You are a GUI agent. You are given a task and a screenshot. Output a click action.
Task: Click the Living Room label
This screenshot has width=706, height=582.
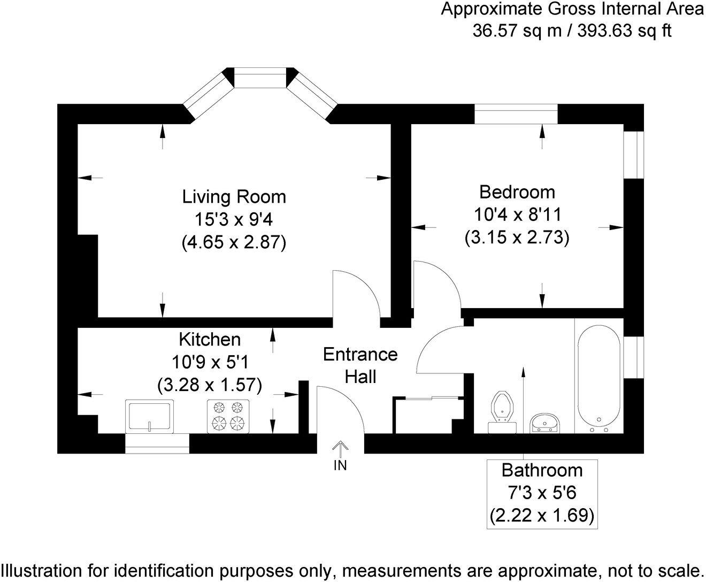pyautogui.click(x=234, y=197)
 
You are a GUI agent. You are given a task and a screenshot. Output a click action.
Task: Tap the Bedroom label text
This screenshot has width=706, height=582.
pyautogui.click(x=517, y=192)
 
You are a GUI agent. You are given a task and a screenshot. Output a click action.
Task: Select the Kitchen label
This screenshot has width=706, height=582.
pyautogui.click(x=209, y=339)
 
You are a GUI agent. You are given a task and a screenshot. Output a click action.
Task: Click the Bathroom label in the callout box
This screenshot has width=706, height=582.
pyautogui.click(x=542, y=470)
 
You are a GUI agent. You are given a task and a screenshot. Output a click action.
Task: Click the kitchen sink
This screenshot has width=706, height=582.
pyautogui.click(x=150, y=416)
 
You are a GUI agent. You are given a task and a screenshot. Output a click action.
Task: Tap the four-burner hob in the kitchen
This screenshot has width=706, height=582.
pyautogui.click(x=228, y=416)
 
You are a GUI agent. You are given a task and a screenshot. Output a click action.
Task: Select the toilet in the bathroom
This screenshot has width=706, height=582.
pyautogui.click(x=502, y=409)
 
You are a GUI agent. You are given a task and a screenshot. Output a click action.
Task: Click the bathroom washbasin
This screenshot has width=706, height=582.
pyautogui.click(x=545, y=423)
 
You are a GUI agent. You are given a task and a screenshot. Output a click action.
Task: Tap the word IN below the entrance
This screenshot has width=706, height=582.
pyautogui.click(x=340, y=466)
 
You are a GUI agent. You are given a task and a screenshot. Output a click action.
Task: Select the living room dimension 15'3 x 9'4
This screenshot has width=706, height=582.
pyautogui.click(x=234, y=220)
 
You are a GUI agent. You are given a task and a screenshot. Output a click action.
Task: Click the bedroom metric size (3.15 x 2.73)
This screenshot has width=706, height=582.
pyautogui.click(x=517, y=237)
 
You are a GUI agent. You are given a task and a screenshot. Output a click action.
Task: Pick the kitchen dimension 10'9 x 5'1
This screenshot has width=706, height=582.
pyautogui.click(x=209, y=362)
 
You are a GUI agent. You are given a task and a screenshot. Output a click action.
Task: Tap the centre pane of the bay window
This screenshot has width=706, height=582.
pyautogui.click(x=260, y=78)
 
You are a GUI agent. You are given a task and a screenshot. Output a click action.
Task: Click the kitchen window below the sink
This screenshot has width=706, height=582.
pyautogui.click(x=157, y=443)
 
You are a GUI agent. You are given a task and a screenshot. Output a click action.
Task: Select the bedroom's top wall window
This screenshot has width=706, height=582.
pyautogui.click(x=516, y=114)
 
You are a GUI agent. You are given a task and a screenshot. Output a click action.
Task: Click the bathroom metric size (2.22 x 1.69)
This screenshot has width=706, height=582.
pyautogui.click(x=542, y=515)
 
